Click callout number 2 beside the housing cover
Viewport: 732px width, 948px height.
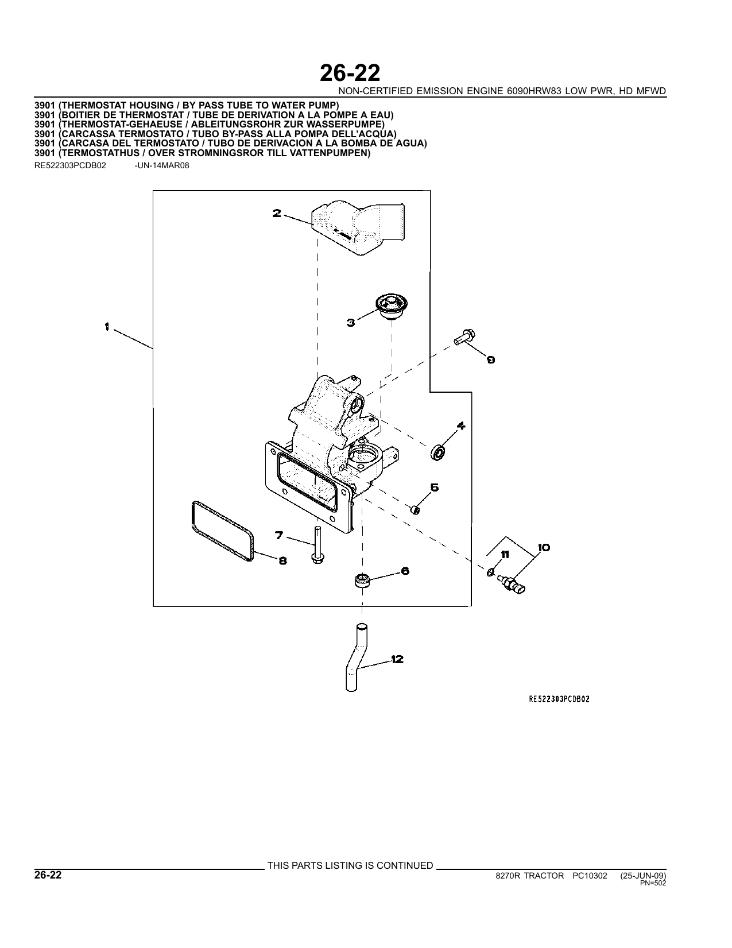coord(277,214)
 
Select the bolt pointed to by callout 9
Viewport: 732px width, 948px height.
coord(464,337)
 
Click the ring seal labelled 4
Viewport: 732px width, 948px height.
coord(438,453)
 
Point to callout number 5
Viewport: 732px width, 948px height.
coord(435,487)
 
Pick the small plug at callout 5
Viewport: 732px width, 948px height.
coord(415,509)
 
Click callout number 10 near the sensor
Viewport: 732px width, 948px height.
coord(544,548)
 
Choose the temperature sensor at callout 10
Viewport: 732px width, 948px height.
coord(512,584)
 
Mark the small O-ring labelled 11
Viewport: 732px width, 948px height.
coord(490,571)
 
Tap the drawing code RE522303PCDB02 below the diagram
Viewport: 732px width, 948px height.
coord(559,699)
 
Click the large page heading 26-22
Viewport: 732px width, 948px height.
coord(350,73)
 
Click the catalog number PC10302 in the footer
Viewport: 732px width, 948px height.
coord(590,876)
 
